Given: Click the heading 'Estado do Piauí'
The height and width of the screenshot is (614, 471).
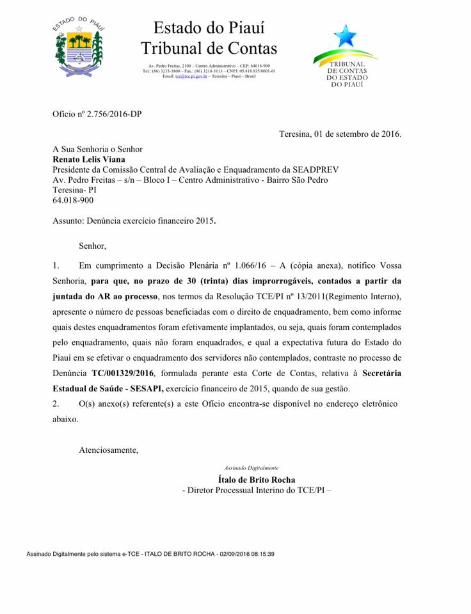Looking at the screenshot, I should click(x=209, y=28).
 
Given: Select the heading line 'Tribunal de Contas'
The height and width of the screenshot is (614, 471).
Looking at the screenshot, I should click(x=209, y=48).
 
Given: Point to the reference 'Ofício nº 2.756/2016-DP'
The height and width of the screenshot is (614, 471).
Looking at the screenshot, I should click(x=97, y=114).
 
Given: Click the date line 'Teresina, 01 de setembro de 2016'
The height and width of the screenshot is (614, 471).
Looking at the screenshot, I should click(x=340, y=134).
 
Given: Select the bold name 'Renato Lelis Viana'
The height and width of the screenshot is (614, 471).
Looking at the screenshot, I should click(x=89, y=159).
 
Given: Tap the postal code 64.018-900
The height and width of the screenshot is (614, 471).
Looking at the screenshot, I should click(x=73, y=200).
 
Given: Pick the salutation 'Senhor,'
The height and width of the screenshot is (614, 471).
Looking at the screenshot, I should click(x=92, y=246).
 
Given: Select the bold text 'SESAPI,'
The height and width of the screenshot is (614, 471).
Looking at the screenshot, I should click(x=147, y=388).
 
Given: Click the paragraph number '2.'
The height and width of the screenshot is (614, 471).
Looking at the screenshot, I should click(x=56, y=404).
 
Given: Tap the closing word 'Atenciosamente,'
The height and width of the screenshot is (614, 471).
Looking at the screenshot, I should click(x=108, y=450).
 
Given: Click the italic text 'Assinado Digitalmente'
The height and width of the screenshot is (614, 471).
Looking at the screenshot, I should click(x=251, y=468).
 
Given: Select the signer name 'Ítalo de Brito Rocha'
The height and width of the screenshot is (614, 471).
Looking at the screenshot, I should click(x=257, y=480).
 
